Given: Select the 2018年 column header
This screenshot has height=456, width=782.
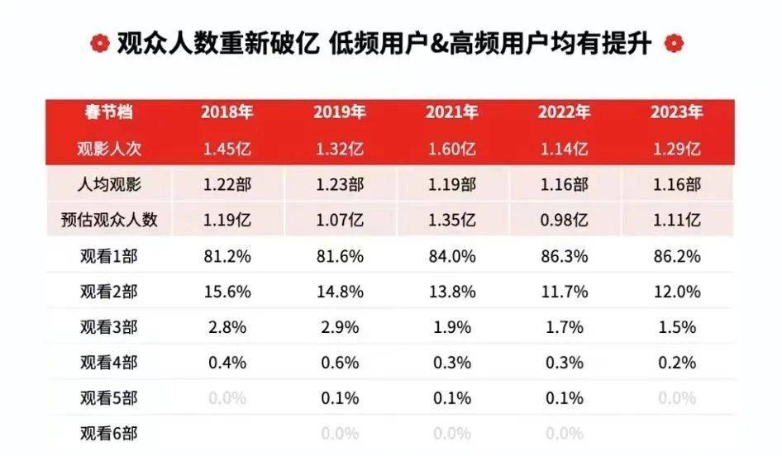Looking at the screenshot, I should pos(226,112).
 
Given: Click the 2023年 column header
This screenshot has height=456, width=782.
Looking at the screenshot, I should pos(676,112).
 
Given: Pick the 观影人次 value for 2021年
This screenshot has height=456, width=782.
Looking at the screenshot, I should pos(451,150).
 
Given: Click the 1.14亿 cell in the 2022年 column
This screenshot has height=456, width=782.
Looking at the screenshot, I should pos(563,150).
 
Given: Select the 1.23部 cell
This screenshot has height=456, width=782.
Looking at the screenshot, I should pos(338,184).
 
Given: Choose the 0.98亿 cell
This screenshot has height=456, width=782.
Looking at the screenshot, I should pos(563,221).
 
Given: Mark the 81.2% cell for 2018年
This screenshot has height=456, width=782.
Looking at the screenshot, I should pos(226,256).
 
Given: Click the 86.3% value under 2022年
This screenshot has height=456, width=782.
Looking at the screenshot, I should pos(563,256).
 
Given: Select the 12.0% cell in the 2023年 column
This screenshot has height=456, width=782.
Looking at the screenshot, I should pos(676,292).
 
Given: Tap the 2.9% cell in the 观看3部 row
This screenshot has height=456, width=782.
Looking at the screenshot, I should pos(338,327).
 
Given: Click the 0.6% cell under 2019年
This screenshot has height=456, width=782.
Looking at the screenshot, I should pos(338,363).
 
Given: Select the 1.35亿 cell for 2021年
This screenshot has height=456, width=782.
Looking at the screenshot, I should pos(451,221).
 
